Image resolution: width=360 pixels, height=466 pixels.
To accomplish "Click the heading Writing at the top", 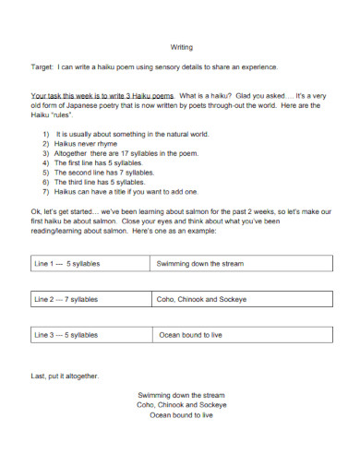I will click(x=182, y=47).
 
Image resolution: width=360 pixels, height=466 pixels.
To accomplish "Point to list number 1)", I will click(x=45, y=133).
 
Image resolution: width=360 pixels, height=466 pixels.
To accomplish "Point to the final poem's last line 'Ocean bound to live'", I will click(x=181, y=415).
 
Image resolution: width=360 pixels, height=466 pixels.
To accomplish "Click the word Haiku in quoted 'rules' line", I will click(x=42, y=114).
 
